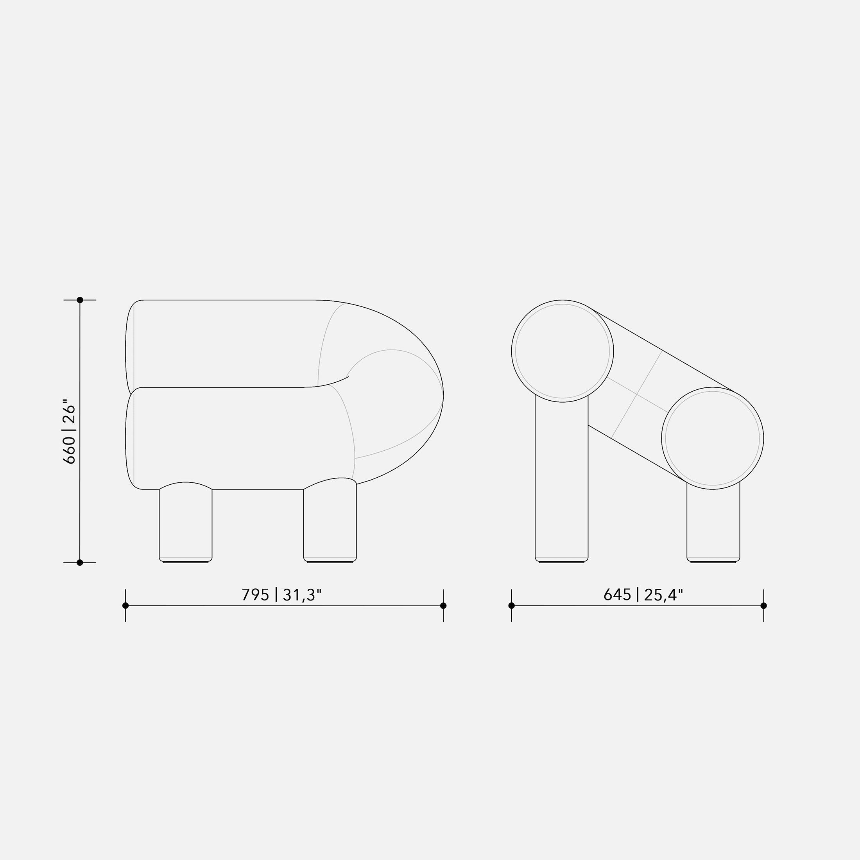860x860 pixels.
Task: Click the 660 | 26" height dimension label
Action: coord(70,431)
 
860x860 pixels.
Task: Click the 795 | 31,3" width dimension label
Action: coord(281,595)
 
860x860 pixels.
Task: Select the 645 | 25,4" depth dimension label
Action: coord(643,595)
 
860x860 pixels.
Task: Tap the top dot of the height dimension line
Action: coord(80,300)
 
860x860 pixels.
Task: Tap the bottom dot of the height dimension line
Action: coord(80,563)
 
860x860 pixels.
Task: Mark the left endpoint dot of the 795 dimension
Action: coord(125,606)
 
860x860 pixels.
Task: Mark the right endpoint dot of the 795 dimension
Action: coord(443,606)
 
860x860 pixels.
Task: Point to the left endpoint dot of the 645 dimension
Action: coord(511,606)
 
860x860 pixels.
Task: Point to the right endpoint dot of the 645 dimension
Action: coord(764,606)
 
